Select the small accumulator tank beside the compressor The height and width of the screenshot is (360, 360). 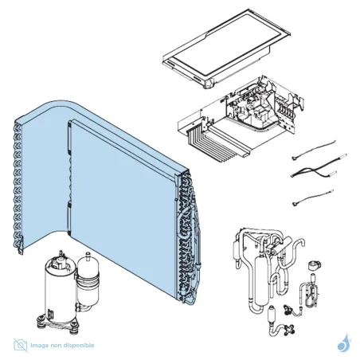tap(88, 281)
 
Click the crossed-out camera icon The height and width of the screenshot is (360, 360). tap(21, 345)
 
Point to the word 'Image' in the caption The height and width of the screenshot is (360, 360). tap(39, 346)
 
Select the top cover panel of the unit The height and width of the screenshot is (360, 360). tap(226, 49)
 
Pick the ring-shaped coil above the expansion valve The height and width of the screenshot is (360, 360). tap(315, 265)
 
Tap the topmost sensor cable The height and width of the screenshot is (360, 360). tap(313, 150)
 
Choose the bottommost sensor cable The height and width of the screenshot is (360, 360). tap(312, 198)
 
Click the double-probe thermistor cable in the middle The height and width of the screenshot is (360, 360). tap(319, 166)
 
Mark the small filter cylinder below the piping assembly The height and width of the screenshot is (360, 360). tap(272, 314)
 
